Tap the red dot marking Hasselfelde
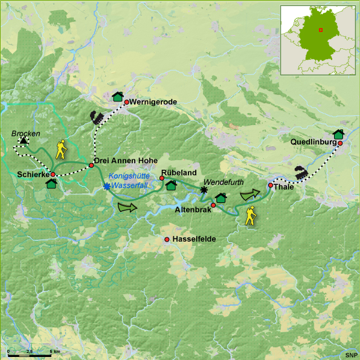click(167, 240)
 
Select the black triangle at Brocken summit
click(24, 141)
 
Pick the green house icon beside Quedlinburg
click(338, 134)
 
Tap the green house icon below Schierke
click(51, 184)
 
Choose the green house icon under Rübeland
click(171, 185)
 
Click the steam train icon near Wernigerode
click(97, 117)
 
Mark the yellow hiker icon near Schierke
click(61, 149)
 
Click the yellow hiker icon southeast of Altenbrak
click(251, 215)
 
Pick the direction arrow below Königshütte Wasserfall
click(127, 207)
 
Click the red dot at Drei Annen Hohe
click(91, 164)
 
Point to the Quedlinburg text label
click(312, 143)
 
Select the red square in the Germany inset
click(321, 30)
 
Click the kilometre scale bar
click(34, 351)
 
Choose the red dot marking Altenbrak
click(213, 205)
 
